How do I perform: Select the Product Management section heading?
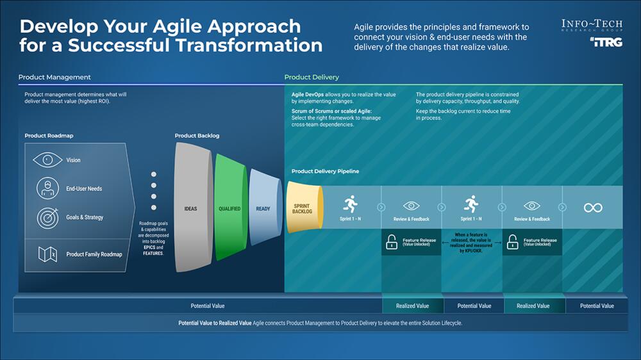(x=54, y=78)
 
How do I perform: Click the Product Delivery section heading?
(x=312, y=78)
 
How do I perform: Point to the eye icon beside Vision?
(x=47, y=160)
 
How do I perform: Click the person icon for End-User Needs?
(x=47, y=188)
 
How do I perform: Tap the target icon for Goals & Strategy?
(x=47, y=217)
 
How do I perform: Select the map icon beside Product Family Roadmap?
(x=47, y=254)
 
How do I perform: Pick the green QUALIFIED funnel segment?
(x=229, y=208)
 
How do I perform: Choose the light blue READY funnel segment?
(x=263, y=208)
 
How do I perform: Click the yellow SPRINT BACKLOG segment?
(x=303, y=208)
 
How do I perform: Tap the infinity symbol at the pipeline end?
(x=593, y=208)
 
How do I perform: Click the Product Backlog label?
(x=197, y=136)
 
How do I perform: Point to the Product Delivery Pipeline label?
(x=325, y=172)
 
